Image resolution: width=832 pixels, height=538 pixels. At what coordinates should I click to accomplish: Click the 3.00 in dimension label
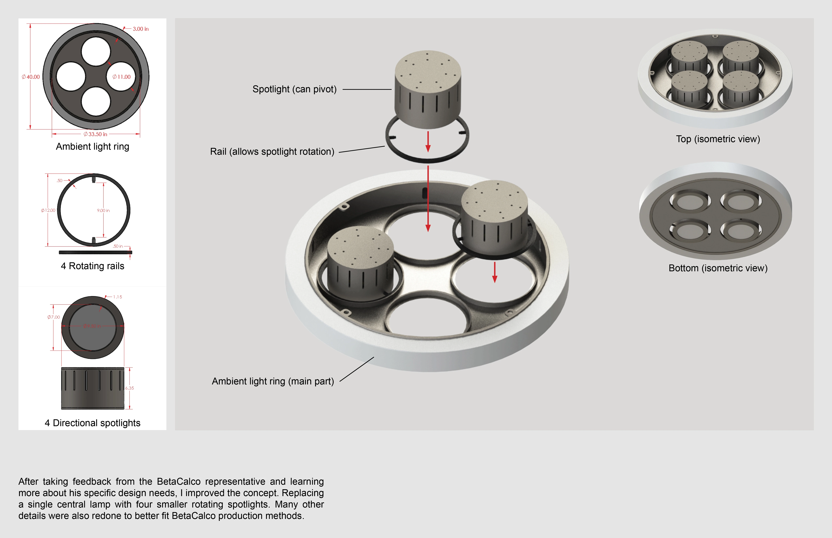pyautogui.click(x=140, y=29)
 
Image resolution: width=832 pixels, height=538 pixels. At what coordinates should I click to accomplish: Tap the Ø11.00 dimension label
pyautogui.click(x=121, y=77)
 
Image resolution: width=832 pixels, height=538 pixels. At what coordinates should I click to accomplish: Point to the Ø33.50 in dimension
pyautogui.click(x=95, y=134)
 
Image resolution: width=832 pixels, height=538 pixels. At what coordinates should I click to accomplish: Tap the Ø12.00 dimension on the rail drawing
pyautogui.click(x=48, y=210)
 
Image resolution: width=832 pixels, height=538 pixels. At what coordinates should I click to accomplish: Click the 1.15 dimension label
pyautogui.click(x=117, y=297)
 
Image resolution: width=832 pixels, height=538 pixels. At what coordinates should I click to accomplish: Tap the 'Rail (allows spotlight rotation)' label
pyautogui.click(x=272, y=152)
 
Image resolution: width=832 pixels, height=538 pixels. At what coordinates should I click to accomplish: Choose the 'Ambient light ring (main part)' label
pyautogui.click(x=273, y=381)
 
